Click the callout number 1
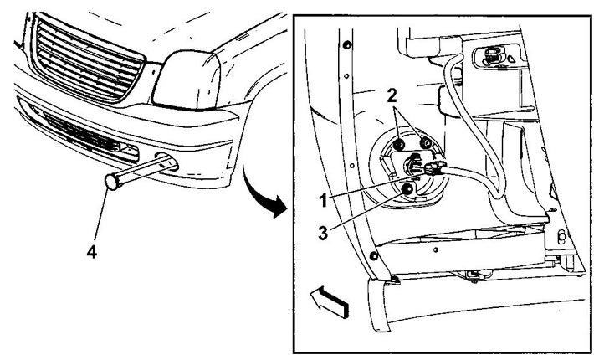coord(323,200)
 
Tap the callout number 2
coord(392,96)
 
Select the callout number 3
coord(323,233)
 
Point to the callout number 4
coord(92,252)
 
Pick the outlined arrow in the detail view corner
coord(329,301)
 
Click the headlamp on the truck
coord(187,80)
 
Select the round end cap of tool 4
coord(113,181)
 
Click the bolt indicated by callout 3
coord(407,188)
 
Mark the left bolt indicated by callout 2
coord(398,144)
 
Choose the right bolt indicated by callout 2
coord(426,143)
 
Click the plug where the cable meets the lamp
coord(435,168)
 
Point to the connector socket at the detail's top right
coord(493,55)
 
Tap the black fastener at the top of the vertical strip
coord(346,45)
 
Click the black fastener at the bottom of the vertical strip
coord(373,256)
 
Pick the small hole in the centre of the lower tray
coord(436,249)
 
